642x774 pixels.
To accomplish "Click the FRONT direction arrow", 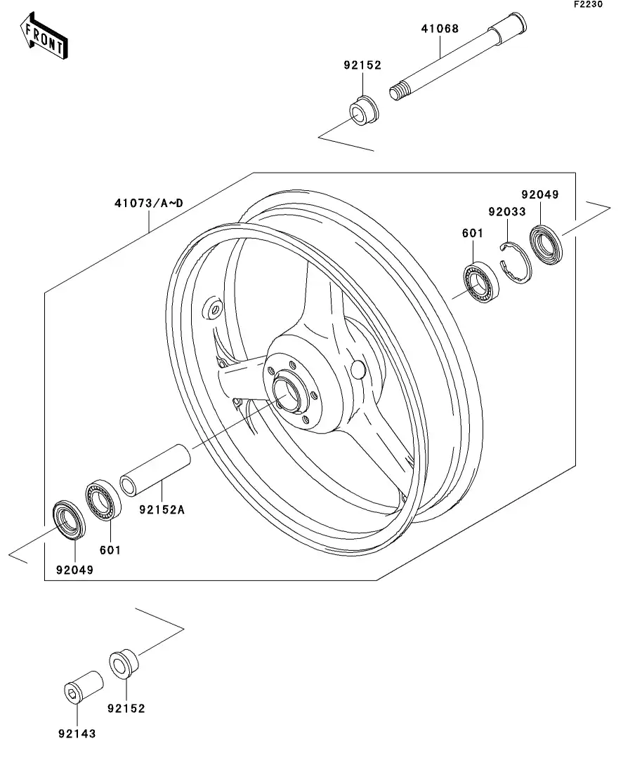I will coord(44,39).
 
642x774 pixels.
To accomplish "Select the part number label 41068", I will coord(440,29).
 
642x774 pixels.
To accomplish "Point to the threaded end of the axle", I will coord(400,92).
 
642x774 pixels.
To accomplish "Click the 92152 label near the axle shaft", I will coord(362,65).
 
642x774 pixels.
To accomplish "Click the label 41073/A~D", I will coord(149,203).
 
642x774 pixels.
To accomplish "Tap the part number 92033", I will coord(507,211).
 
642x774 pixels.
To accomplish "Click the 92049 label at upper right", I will coord(540,194).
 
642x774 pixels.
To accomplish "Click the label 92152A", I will coord(162,509).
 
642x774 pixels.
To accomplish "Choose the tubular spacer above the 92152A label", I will coord(157,468).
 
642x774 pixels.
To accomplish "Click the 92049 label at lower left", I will coord(74,570).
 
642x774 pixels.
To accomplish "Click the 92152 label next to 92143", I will coord(126,708).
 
